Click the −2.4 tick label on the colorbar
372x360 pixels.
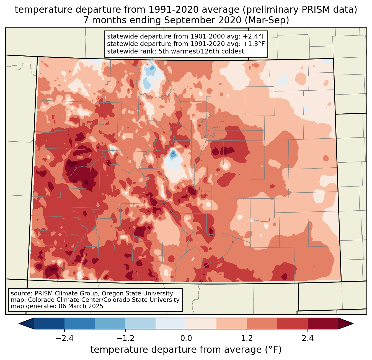(x=64, y=338)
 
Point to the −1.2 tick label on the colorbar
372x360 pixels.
(x=125, y=338)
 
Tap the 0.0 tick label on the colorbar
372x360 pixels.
(x=186, y=338)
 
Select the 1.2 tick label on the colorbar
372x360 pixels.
(x=247, y=338)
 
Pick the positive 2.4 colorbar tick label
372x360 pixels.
(x=308, y=338)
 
